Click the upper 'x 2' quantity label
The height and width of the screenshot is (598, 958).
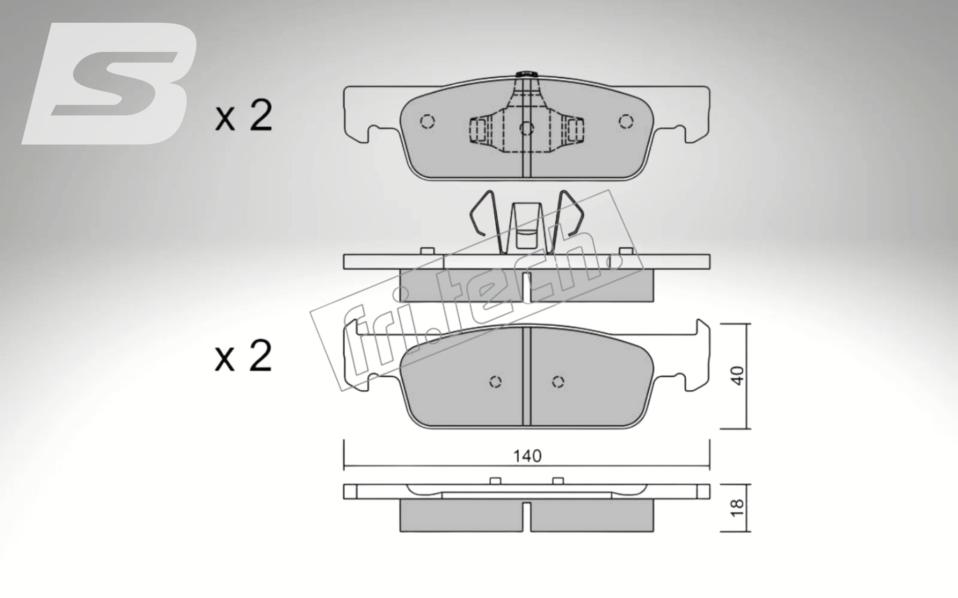pyautogui.click(x=244, y=116)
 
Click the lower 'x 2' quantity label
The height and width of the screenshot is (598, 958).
pyautogui.click(x=244, y=356)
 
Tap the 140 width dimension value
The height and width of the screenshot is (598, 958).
pyautogui.click(x=527, y=456)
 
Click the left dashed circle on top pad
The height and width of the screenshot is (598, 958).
pyautogui.click(x=427, y=121)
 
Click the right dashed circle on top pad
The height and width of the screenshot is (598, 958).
pyautogui.click(x=626, y=121)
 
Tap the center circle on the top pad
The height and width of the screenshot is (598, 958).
pyautogui.click(x=527, y=129)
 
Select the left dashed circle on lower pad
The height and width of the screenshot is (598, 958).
pyautogui.click(x=496, y=382)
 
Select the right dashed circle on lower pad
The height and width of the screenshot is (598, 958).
pyautogui.click(x=558, y=382)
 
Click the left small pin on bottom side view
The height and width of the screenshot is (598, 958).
pyautogui.click(x=496, y=481)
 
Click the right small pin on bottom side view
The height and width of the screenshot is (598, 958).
pyautogui.click(x=558, y=481)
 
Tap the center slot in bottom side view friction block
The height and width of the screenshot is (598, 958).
pyautogui.click(x=527, y=517)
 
